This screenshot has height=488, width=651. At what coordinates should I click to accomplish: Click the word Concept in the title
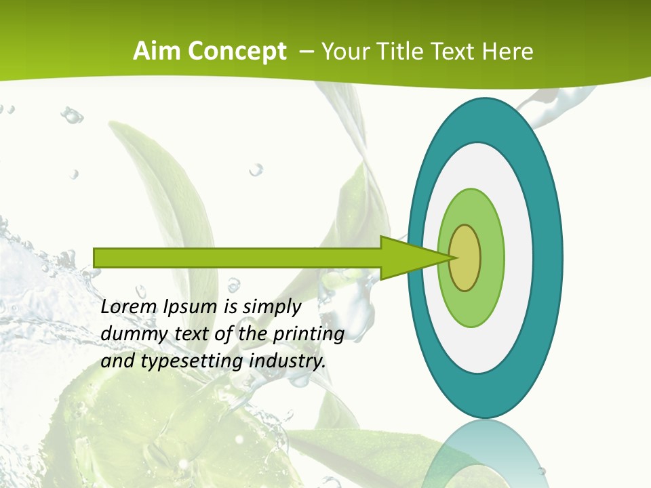coord(237,52)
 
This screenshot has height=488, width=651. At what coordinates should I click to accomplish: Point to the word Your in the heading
coord(345,51)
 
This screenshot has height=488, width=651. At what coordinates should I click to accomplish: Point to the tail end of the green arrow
coord(98,258)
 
